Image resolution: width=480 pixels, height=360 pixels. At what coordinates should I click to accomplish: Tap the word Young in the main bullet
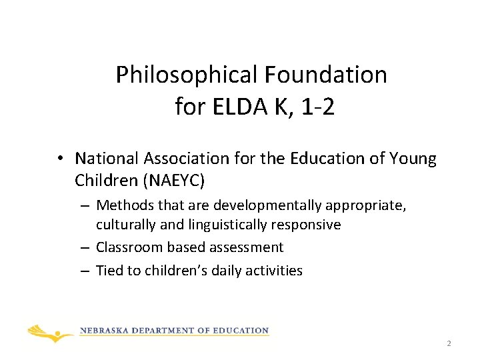tap(414, 159)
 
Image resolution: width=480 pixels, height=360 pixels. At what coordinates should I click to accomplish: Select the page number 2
tap(449, 343)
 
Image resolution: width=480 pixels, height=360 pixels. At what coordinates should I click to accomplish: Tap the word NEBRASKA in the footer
tap(106, 331)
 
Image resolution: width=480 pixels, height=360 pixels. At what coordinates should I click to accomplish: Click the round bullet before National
tap(60, 159)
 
